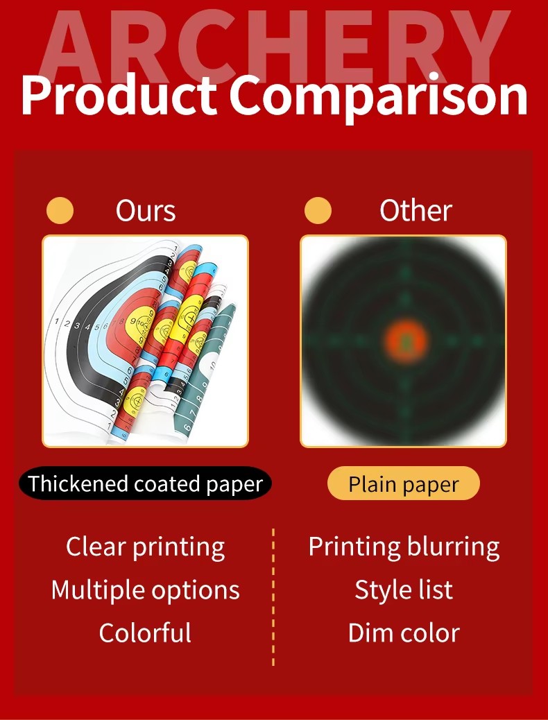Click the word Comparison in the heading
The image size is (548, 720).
click(379, 98)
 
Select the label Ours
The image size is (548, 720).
click(146, 211)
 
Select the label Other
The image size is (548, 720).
click(416, 211)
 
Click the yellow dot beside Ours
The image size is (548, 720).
click(60, 210)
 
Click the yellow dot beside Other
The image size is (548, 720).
click(318, 210)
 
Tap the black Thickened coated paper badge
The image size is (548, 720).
click(145, 483)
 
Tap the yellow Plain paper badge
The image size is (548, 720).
click(404, 483)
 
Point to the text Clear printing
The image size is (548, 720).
click(145, 547)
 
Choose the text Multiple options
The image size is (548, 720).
click(145, 590)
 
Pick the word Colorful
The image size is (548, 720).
click(145, 633)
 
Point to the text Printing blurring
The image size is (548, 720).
click(404, 547)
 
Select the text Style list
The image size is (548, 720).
click(404, 590)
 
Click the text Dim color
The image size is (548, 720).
click(404, 633)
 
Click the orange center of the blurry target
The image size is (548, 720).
click(405, 341)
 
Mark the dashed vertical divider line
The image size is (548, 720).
click(273, 597)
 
